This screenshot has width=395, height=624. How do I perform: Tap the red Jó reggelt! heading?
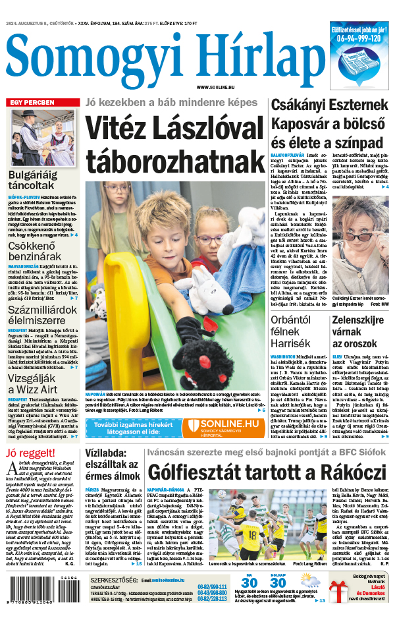tap(30, 452)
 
